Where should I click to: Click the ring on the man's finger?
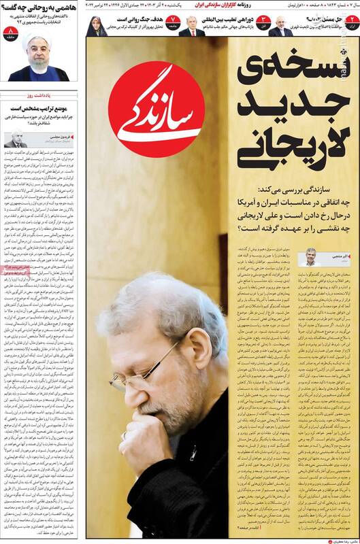pos(123,435)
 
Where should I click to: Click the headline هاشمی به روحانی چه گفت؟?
pos(41,7)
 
